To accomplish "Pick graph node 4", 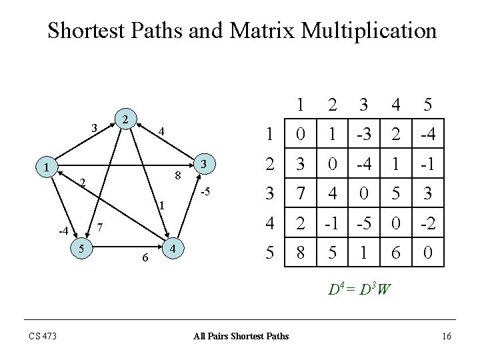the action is pos(173,248).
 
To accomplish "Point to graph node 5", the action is pos(80,248).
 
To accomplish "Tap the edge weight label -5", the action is pos(206,193).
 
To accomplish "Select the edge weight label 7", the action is pos(100,227).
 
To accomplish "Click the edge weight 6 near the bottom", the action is pos(145,259).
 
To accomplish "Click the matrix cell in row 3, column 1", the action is pos(301,194).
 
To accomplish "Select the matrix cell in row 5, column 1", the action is pos(301,253).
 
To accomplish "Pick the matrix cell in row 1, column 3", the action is pos(363,135).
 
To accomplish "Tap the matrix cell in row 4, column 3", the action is pos(363,223).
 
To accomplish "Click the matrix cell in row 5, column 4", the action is pos(395,253).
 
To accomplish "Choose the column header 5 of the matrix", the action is pos(427,105).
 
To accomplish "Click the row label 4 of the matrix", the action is pos(269,223).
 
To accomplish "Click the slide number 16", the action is pos(446,335).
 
